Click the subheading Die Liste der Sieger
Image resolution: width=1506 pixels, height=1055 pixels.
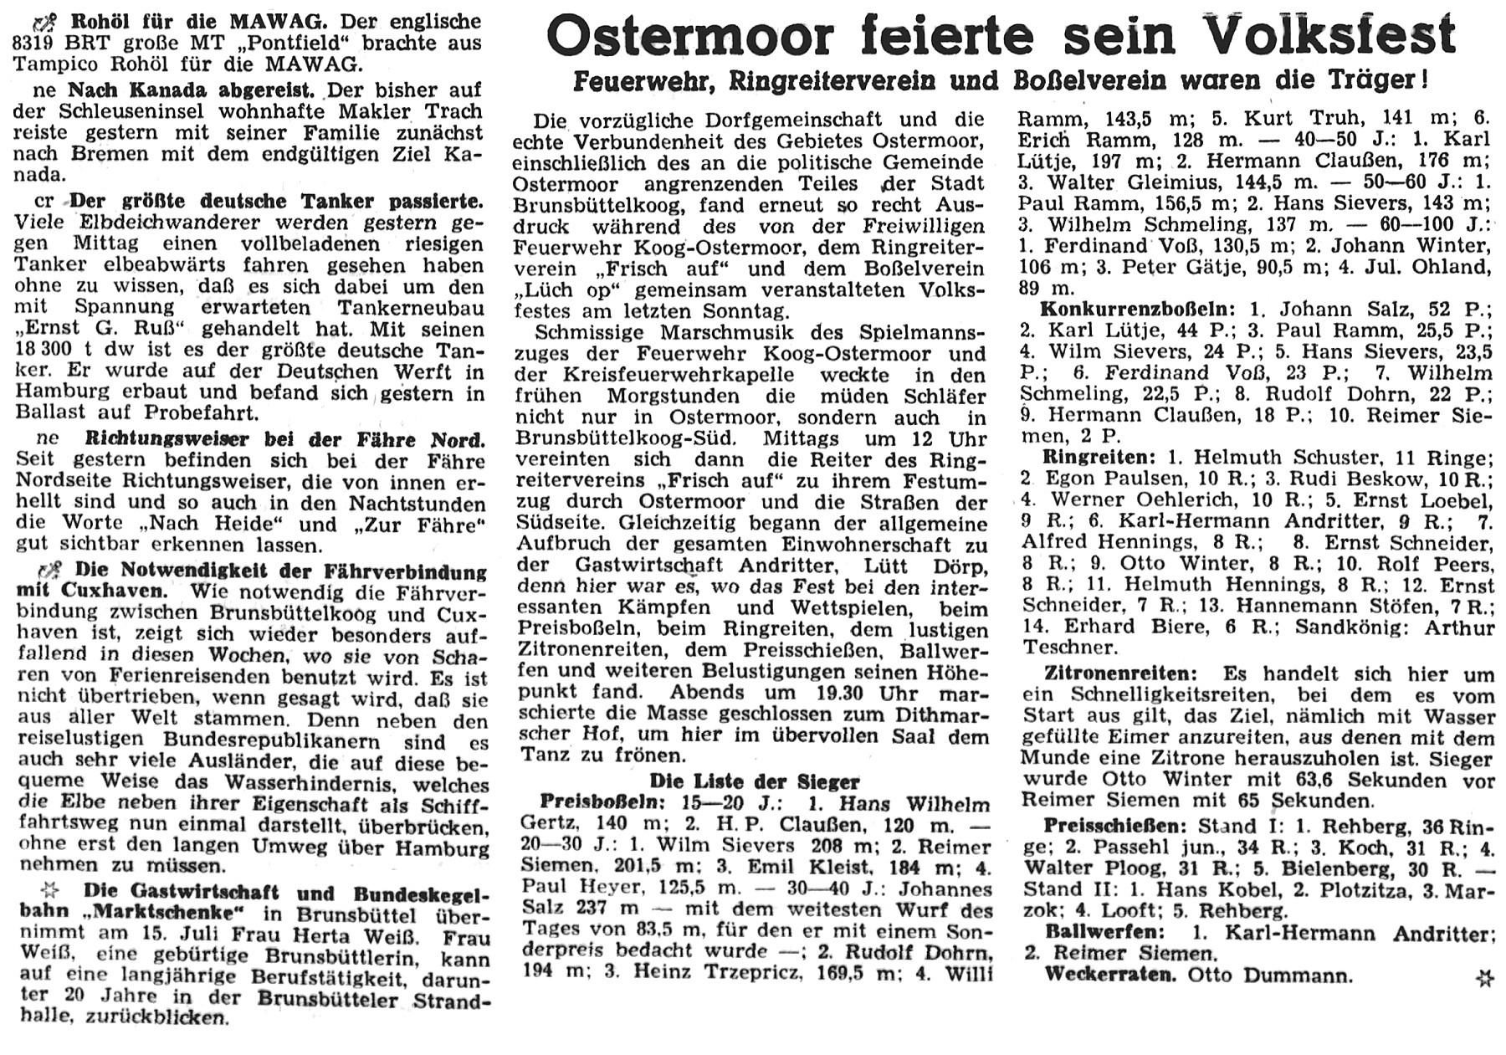755,782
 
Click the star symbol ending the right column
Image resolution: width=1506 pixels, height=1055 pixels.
1483,977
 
